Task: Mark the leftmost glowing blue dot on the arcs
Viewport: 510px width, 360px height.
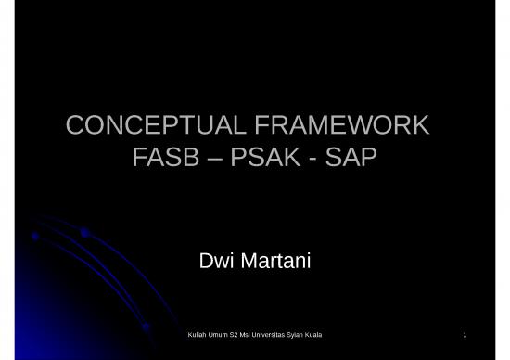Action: click(35, 236)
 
